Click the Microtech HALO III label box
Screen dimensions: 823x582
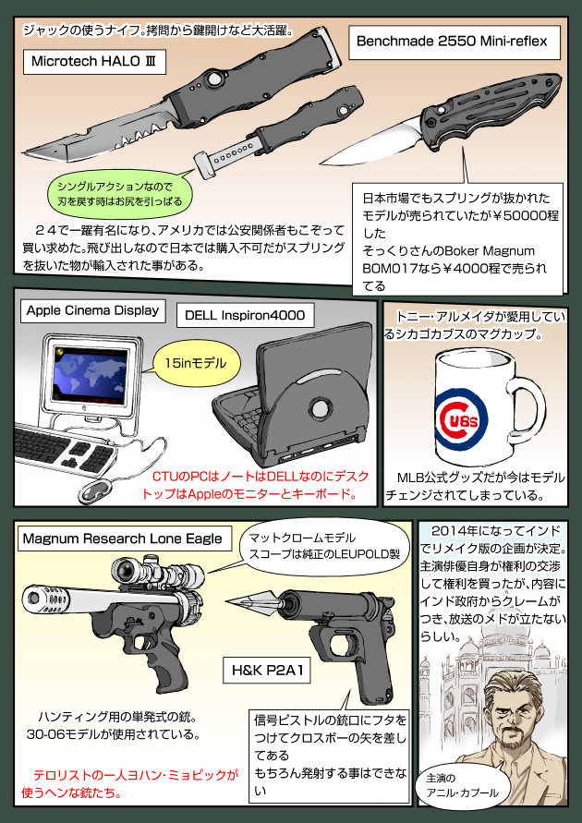[90, 61]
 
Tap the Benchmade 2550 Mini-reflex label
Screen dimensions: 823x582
[453, 42]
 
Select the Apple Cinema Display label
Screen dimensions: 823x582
[92, 310]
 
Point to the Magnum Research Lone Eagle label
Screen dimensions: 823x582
[122, 539]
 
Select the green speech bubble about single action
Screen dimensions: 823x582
[122, 192]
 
